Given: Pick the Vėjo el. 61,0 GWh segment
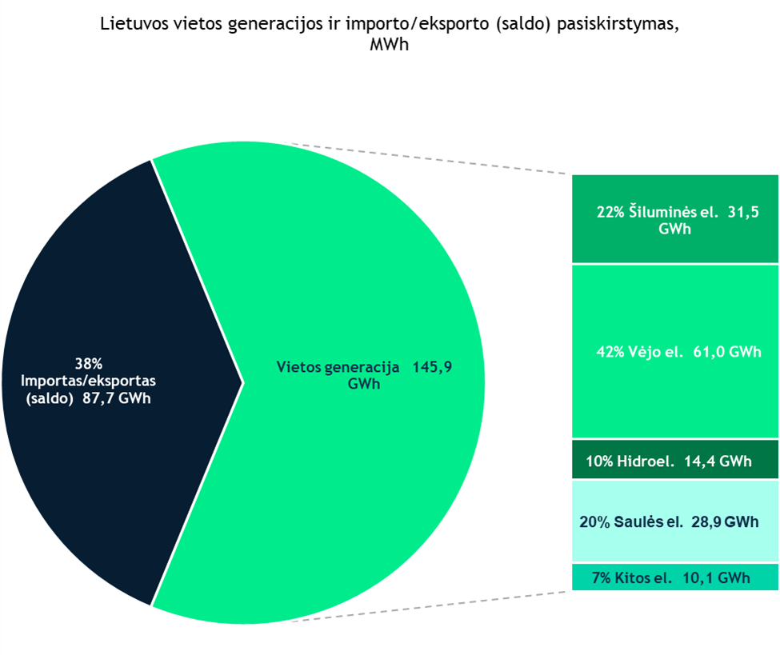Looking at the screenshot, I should (x=674, y=400).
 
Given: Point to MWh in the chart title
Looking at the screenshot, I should (x=390, y=45).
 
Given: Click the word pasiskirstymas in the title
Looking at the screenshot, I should (x=615, y=23).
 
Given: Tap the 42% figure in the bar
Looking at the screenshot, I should (x=612, y=351).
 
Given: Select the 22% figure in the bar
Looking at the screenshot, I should (x=612, y=213).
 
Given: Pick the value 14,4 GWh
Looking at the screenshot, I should (x=718, y=461).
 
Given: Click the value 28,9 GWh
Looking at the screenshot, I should (x=724, y=521).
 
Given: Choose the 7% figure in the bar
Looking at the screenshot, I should (x=603, y=577).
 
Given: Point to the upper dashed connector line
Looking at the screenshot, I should (x=432, y=159).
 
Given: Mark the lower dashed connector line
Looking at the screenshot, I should (x=432, y=606).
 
